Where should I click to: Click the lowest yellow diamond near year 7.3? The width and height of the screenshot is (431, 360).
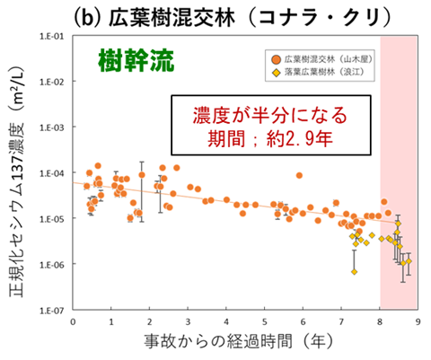point(355,271)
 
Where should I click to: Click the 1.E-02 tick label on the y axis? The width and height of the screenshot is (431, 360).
point(49,82)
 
